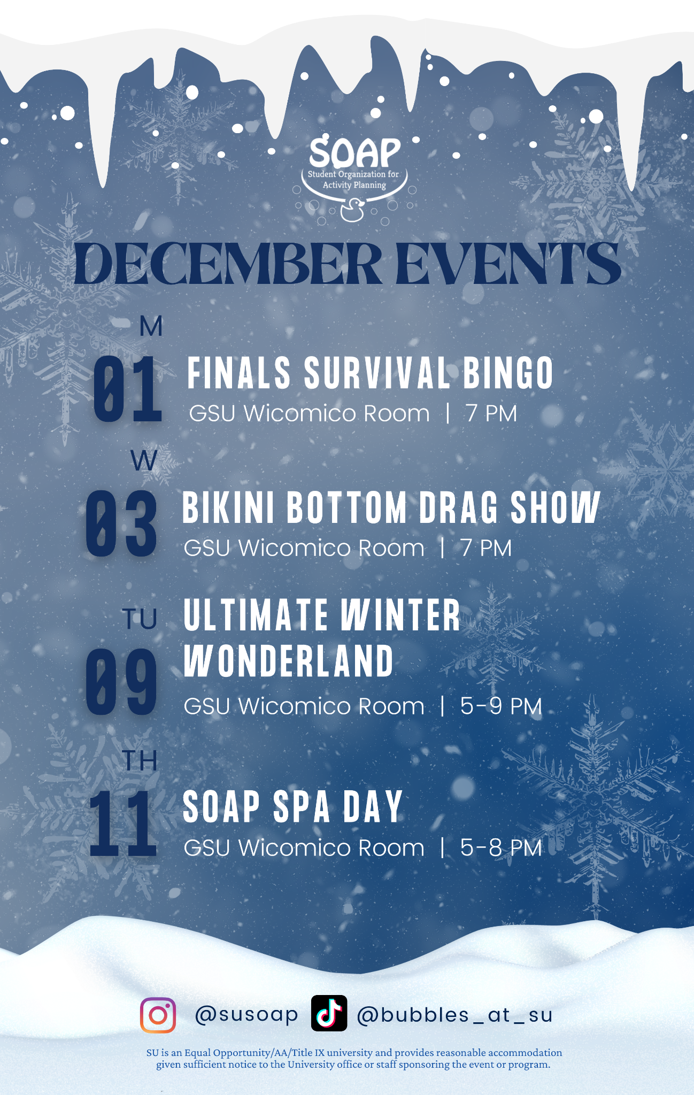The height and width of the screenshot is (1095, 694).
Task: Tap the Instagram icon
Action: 158,1015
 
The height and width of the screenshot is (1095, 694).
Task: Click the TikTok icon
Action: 329,1013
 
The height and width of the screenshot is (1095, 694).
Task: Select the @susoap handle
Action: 246,1015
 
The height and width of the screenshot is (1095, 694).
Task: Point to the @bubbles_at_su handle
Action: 454,1015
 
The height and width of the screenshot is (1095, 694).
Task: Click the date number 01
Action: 128,389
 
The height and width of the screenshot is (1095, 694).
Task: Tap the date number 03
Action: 121,524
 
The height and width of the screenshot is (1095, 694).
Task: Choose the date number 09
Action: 121,682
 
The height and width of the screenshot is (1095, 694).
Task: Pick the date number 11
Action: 123,823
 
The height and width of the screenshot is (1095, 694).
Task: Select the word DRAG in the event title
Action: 458,507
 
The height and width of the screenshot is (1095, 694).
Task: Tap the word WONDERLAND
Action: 289,661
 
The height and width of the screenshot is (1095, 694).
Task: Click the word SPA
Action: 302,807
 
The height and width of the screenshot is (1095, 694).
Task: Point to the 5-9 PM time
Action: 501,706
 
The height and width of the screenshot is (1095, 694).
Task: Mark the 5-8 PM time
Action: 501,848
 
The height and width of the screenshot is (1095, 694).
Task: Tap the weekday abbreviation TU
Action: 140,619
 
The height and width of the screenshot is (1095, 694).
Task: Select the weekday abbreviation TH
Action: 140,761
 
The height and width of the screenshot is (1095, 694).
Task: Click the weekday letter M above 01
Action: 151,326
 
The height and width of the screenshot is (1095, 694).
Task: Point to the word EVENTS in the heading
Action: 508,264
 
